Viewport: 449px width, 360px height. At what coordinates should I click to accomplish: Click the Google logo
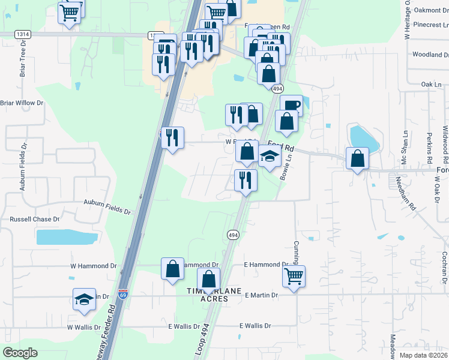point(21,353)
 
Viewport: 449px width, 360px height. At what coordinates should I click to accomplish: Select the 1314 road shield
point(23,35)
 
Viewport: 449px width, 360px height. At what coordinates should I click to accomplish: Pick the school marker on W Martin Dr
point(84,299)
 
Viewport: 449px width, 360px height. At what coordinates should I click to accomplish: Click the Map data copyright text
point(423,355)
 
